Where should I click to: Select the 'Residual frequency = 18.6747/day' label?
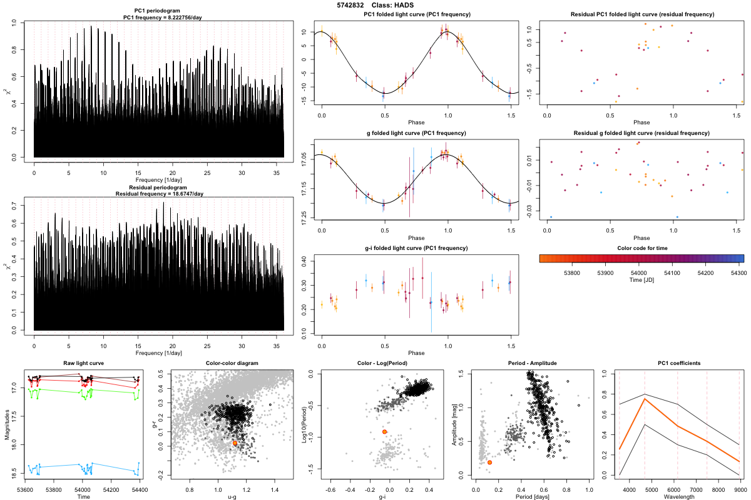160,194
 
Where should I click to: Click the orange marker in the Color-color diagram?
235,443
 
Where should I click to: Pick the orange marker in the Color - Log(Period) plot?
384,432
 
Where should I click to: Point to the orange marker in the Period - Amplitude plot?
489,462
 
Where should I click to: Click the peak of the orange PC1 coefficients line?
645,399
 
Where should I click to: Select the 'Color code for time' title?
641,248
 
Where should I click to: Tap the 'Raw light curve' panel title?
84,363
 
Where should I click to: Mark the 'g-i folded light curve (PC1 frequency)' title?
416,248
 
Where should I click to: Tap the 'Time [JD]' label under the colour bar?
641,281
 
